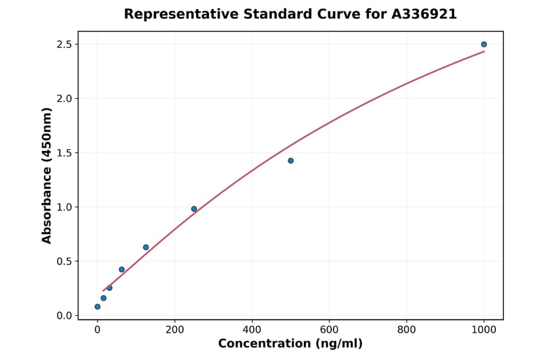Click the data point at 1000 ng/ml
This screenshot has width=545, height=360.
[x=484, y=44]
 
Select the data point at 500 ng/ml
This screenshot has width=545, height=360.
[x=291, y=161]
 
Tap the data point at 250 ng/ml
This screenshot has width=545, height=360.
[x=194, y=209]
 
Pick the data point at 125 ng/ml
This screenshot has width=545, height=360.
[x=146, y=247]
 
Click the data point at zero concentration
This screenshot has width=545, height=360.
[x=97, y=307]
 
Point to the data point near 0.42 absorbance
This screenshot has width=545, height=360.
[x=122, y=270]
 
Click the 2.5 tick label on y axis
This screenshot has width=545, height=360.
[x=65, y=44]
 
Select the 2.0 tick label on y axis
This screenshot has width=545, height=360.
[x=65, y=99]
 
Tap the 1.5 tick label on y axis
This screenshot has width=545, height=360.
[x=65, y=153]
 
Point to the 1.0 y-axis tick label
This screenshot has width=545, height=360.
[x=65, y=207]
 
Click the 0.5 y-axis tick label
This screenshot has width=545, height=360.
[x=65, y=261]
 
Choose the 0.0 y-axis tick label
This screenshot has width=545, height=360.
[x=65, y=316]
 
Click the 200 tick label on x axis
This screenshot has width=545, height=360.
[x=174, y=330]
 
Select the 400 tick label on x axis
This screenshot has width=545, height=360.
[x=252, y=330]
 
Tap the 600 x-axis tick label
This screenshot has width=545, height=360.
[x=329, y=330]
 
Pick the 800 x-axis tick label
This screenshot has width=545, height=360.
[x=406, y=330]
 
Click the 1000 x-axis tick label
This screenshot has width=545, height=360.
[x=484, y=330]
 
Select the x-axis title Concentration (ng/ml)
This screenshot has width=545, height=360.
[x=290, y=344]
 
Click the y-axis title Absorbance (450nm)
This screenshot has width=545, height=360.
[x=47, y=176]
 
